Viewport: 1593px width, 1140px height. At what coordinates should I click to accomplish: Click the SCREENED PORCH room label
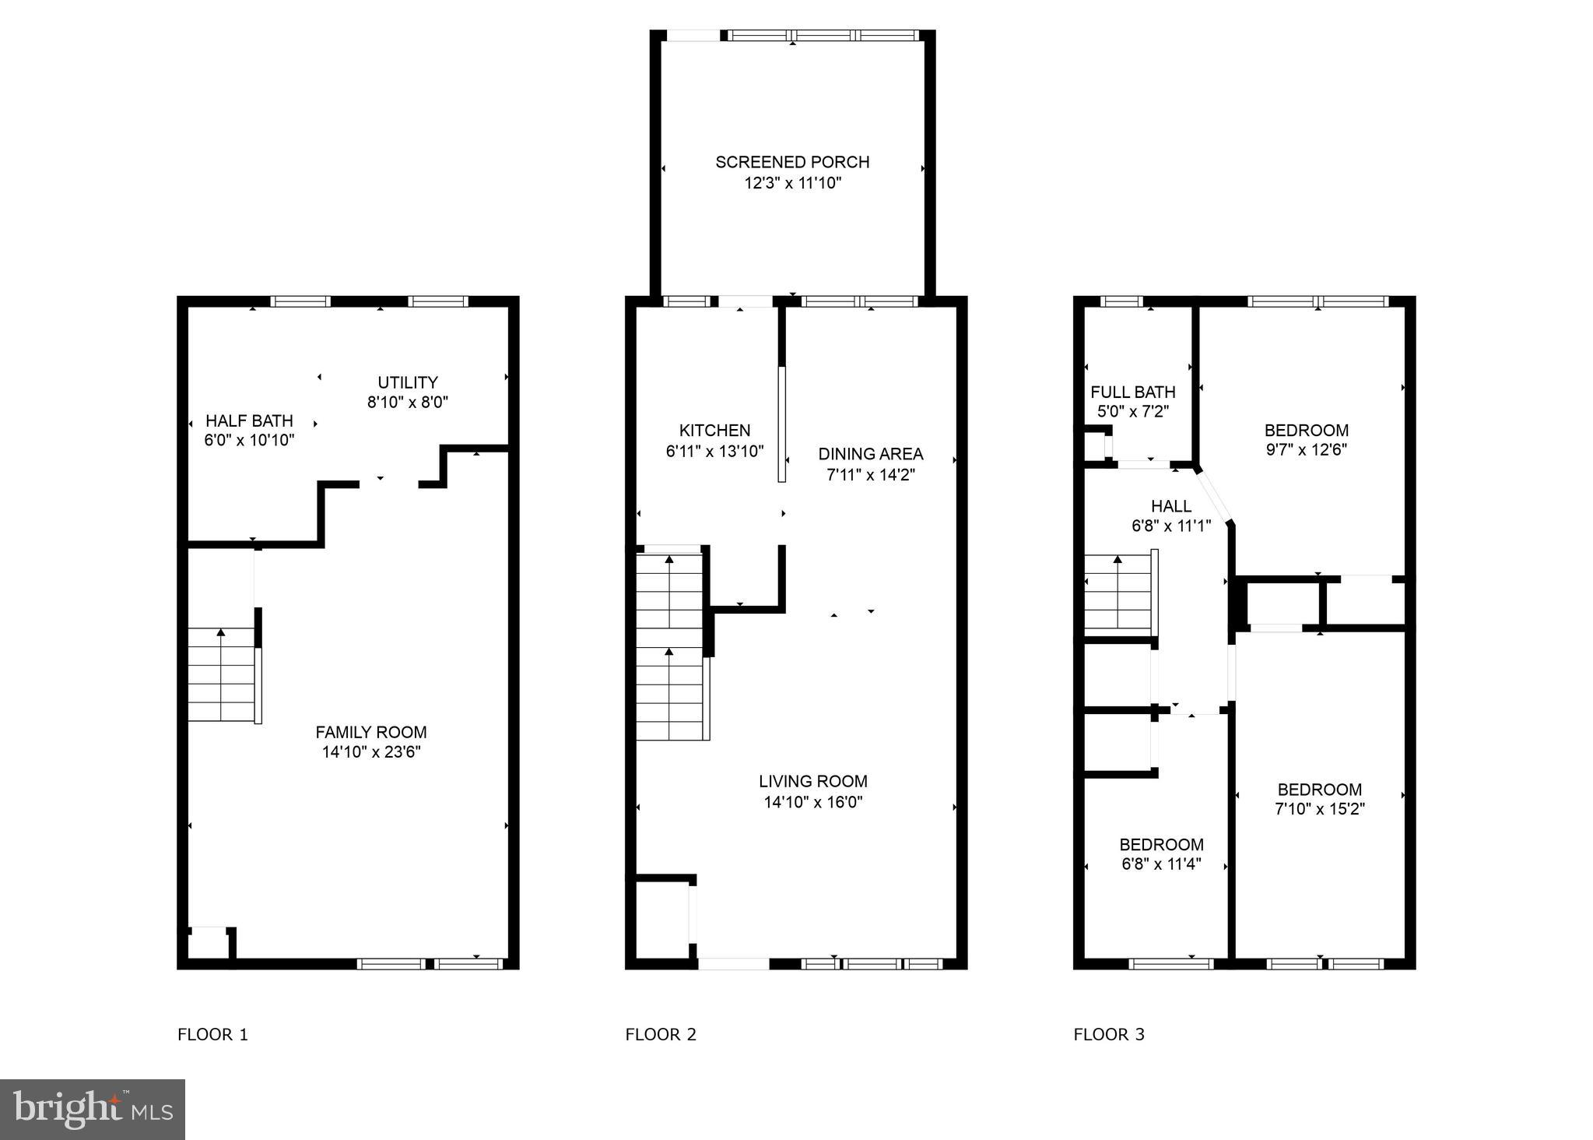[x=792, y=162]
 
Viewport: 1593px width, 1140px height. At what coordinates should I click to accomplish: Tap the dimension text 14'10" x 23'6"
[x=371, y=752]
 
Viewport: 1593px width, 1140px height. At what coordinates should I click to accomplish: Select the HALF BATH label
[x=249, y=420]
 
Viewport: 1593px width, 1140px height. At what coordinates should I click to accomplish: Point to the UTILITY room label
[x=408, y=382]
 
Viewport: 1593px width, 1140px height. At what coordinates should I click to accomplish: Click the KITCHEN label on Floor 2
[x=714, y=431]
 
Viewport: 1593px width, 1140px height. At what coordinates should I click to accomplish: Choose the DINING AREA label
[x=870, y=454]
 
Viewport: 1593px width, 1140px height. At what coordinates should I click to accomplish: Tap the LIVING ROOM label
[x=813, y=781]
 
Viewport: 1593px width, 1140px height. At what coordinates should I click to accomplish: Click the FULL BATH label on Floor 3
[x=1132, y=392]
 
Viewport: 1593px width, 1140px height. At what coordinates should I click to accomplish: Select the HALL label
[x=1170, y=506]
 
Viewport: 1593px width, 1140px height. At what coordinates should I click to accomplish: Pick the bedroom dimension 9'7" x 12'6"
[x=1306, y=450]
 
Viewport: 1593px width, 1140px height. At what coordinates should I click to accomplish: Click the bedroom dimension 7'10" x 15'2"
[x=1319, y=809]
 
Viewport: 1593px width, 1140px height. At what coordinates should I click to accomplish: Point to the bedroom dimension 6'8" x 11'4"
[x=1161, y=864]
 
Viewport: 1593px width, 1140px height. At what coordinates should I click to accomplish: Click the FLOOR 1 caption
[x=212, y=1035]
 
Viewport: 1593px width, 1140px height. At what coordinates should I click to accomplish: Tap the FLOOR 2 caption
[x=661, y=1035]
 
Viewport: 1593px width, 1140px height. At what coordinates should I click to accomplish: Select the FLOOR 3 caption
[x=1109, y=1035]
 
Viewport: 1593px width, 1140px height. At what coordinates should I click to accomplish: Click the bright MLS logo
[x=93, y=1109]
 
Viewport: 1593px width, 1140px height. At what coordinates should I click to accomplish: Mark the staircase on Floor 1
[x=222, y=675]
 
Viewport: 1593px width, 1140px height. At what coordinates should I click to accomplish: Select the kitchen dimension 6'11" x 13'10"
[x=714, y=451]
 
